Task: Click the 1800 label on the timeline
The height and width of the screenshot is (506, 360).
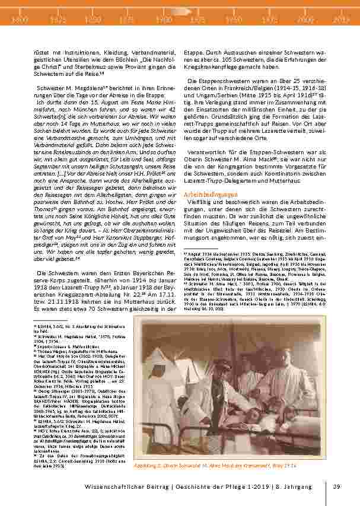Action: click(20, 20)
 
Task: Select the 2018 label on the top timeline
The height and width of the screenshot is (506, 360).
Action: click(340, 20)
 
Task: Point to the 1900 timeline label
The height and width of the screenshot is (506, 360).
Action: click(165, 20)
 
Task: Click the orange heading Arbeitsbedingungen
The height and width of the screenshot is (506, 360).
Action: click(210, 195)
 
